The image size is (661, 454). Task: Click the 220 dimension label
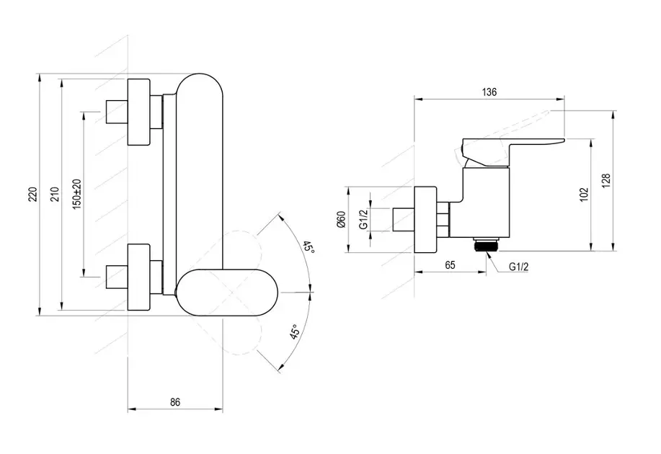(x=32, y=194)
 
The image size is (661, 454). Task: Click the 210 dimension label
(x=55, y=194)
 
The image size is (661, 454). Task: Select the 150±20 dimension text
(x=77, y=194)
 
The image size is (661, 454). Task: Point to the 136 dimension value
(x=489, y=92)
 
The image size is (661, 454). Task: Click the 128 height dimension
(x=605, y=179)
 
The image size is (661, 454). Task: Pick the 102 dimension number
(x=583, y=193)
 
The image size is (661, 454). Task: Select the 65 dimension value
(x=450, y=264)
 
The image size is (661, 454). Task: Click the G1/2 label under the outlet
(x=518, y=267)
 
